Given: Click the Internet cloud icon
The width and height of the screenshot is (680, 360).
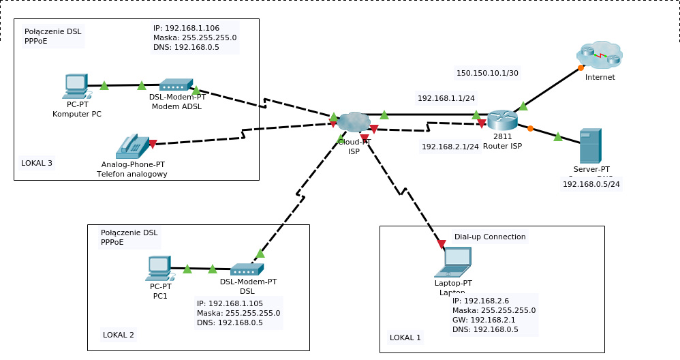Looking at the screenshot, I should coord(600,55).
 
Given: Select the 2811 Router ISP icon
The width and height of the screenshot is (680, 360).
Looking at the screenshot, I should coord(502,120).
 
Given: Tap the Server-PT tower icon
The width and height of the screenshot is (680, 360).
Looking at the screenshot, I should coord(590,145).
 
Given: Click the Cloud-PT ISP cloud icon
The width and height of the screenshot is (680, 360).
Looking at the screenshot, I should coord(354,121).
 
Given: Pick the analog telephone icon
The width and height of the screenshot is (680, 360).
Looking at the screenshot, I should coord(132,147).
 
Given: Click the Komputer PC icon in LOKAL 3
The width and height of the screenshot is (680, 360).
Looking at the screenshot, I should coord(76,87).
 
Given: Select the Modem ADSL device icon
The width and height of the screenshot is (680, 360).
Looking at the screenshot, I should coord(176,85).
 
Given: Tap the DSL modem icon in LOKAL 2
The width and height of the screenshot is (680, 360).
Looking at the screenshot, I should coord(247,269).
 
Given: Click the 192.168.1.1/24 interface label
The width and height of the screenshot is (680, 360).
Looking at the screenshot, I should coord(446,98).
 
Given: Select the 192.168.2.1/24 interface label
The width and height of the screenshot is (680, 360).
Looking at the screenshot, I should coord(450,147).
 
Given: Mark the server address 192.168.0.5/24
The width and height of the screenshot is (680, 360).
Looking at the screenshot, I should coord(591,184).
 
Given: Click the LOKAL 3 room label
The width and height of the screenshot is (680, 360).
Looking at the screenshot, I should coord(37,163).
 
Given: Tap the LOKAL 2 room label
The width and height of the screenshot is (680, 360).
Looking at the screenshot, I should coord(119,335).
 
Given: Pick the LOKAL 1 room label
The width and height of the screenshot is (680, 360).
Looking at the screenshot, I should coord(405,337).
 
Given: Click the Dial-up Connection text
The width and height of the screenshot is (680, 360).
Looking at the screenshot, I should coord(490,237).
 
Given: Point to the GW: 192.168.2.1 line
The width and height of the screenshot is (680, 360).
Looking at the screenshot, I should coord(484,320).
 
